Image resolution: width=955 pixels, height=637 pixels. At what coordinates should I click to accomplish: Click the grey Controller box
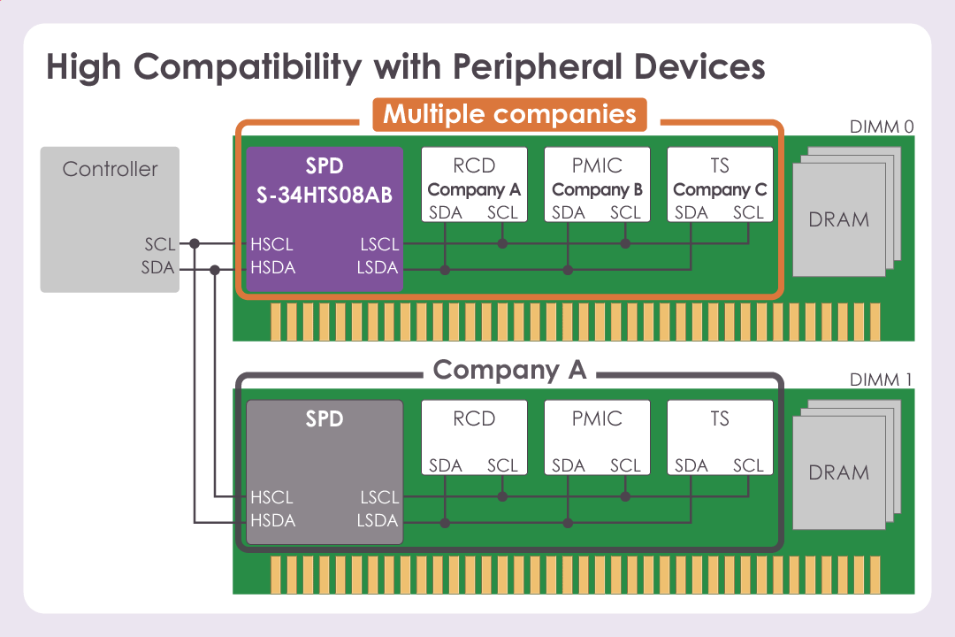(110, 219)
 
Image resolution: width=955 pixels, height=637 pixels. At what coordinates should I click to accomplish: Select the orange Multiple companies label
(509, 114)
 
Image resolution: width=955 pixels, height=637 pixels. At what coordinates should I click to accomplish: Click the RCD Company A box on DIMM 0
(474, 184)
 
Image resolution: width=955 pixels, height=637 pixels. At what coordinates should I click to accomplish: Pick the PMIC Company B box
(597, 184)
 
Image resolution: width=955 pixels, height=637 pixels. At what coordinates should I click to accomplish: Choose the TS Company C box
(720, 184)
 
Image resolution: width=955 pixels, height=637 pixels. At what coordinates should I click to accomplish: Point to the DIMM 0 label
(881, 127)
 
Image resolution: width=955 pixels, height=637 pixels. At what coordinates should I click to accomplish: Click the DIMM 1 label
(881, 380)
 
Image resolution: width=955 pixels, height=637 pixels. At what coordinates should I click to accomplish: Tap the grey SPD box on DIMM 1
(324, 472)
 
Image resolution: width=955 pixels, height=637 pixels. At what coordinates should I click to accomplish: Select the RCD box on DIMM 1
(474, 437)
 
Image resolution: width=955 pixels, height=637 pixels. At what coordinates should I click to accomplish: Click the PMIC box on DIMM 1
(597, 437)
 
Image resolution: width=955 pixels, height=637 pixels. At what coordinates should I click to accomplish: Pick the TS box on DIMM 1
(720, 437)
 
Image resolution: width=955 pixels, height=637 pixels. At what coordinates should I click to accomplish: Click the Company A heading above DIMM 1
(509, 370)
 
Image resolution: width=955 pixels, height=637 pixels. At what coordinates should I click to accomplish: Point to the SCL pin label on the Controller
(159, 244)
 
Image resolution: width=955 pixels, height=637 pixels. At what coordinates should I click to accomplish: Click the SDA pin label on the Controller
(158, 267)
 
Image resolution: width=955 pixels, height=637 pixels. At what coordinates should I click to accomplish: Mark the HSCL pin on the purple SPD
(271, 244)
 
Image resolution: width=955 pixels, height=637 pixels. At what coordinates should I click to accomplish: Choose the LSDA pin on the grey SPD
(378, 520)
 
